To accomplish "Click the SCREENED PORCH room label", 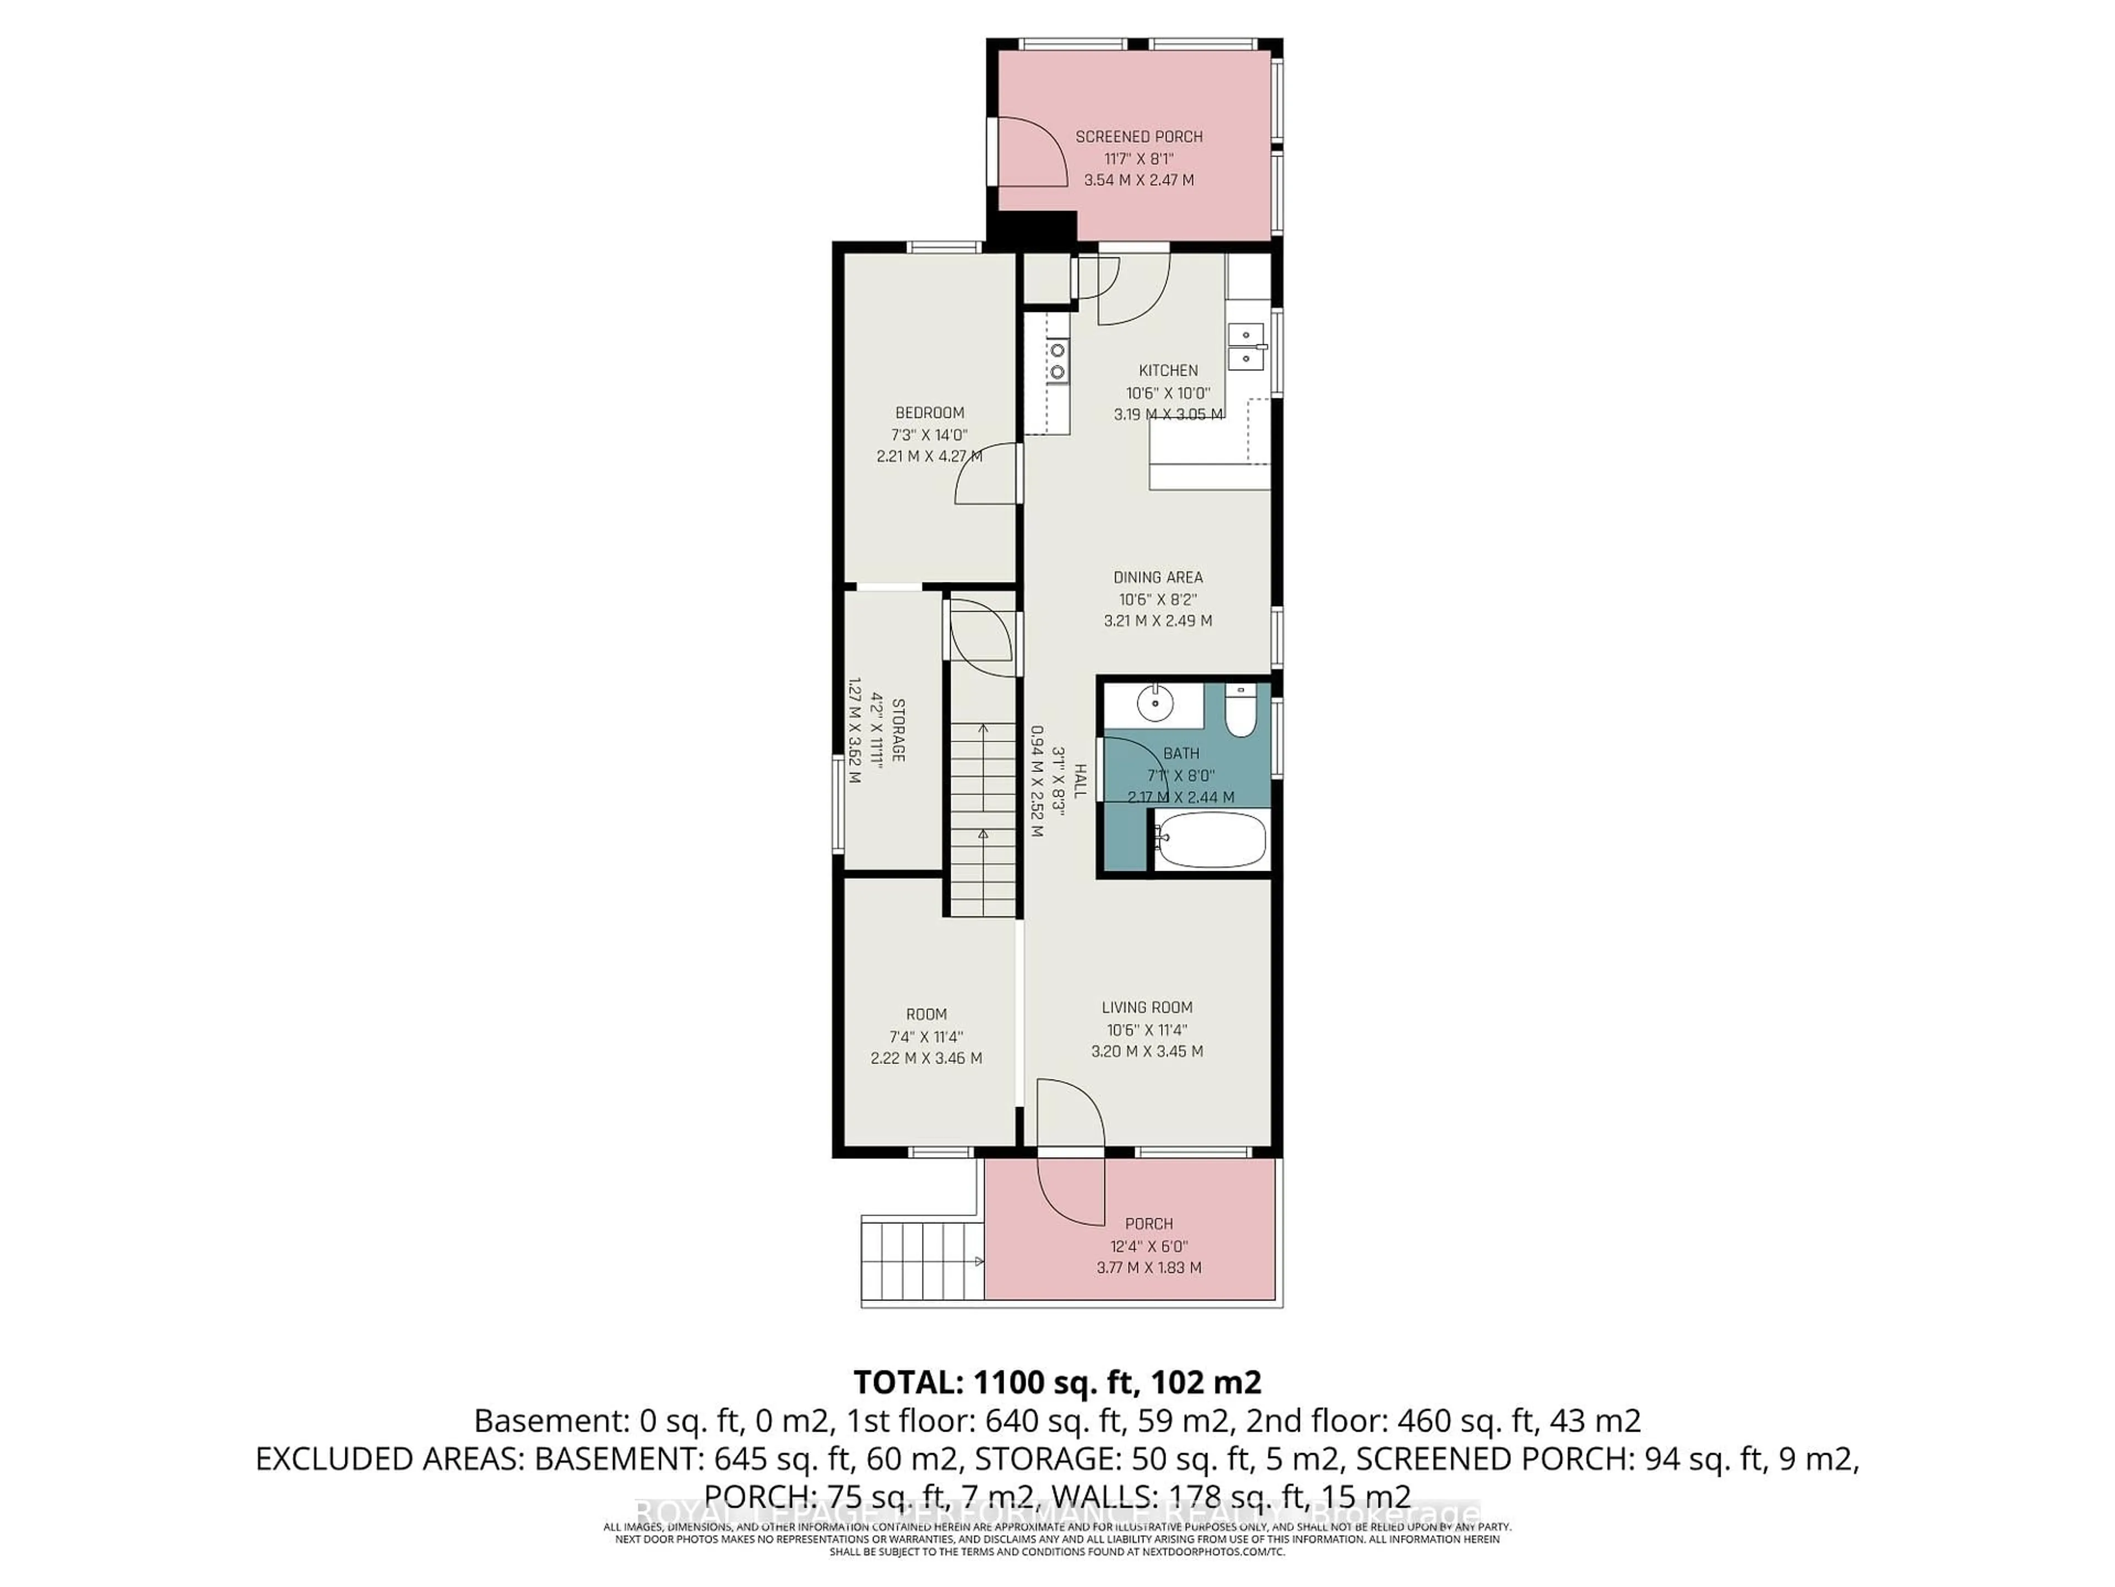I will click(1139, 137).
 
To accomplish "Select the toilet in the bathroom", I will click(1241, 712).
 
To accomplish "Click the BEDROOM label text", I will click(929, 412).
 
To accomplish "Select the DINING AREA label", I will click(1158, 577).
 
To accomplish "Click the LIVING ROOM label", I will click(1146, 1007).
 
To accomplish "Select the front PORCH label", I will click(1148, 1223).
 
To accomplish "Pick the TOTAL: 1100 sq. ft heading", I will click(1056, 1382).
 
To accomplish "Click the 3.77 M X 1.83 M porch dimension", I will click(1148, 1267).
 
